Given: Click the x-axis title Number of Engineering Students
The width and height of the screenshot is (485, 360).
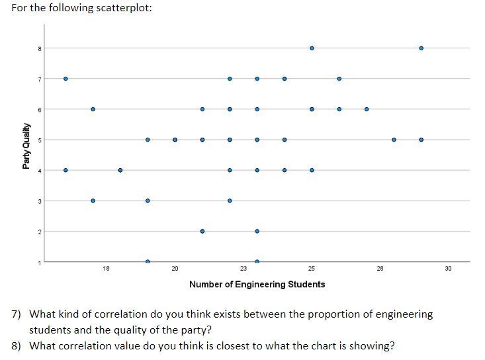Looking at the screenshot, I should tap(257, 285).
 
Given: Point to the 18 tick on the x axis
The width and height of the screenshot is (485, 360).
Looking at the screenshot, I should tap(106, 268).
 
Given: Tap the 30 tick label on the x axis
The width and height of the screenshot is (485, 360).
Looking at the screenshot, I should tap(448, 268).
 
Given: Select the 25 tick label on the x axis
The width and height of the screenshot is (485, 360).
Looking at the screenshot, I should tap(312, 268).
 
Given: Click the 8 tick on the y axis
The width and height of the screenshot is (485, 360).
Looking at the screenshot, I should tap(39, 48).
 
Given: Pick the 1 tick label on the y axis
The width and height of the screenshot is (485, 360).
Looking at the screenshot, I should tap(39, 262).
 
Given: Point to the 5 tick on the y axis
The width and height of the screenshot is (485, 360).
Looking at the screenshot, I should tap(39, 140).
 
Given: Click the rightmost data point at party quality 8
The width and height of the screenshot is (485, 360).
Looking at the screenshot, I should tap(421, 48).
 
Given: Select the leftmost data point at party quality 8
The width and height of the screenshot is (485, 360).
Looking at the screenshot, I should tap(312, 48).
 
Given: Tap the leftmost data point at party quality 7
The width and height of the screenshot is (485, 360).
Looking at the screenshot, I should tap(66, 79).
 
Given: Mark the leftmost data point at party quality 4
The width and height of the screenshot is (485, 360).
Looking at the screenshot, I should tap(66, 170).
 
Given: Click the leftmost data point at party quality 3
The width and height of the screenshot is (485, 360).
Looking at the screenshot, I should tap(93, 201).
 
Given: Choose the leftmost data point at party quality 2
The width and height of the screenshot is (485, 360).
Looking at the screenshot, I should tap(202, 231).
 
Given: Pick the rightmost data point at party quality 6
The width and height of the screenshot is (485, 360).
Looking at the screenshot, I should tap(366, 109).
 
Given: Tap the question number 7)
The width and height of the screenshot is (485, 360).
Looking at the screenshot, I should tap(17, 314).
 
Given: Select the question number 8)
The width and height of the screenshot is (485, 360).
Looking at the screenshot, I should tap(17, 345).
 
